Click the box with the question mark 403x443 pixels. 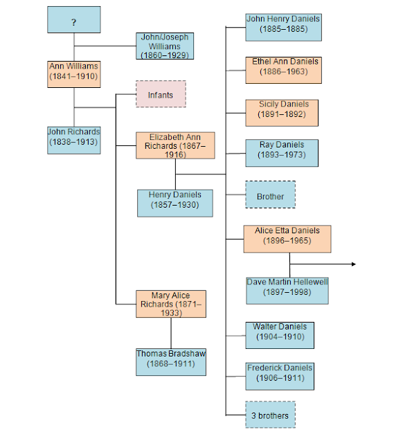tap(73, 20)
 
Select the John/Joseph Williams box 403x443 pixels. tap(164, 45)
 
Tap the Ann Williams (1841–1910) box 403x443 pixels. tap(73, 73)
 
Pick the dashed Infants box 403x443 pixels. tap(160, 94)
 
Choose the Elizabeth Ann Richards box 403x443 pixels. tap(175, 145)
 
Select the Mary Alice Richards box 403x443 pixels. tap(170, 305)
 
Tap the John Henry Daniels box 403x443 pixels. tap(283, 26)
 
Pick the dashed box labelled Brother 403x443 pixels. tap(270, 196)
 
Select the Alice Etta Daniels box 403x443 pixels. tap(287, 238)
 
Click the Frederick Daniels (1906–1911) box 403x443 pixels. tap(279, 375)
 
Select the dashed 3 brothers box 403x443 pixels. tap(270, 415)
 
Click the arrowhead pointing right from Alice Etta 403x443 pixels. tap(354, 264)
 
